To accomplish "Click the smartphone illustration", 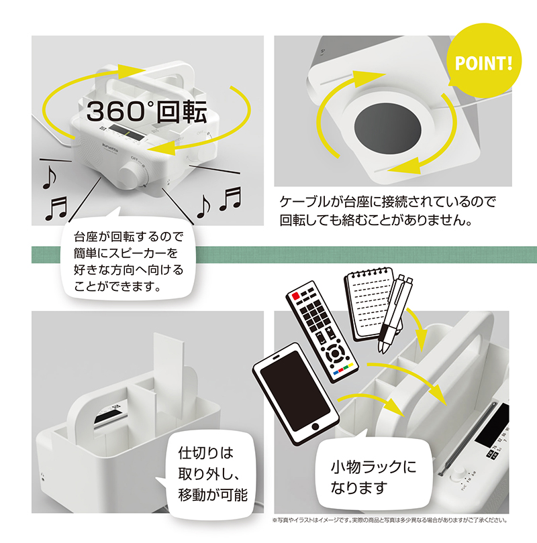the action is [296, 394].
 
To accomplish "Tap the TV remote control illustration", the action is [322, 332].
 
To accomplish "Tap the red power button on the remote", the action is [296, 296].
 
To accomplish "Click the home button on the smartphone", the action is [315, 426].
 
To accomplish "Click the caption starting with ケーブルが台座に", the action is [387, 211].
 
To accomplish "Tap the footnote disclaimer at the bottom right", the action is [391, 520].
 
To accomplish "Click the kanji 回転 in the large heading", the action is [182, 111].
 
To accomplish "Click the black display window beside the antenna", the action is [492, 426].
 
